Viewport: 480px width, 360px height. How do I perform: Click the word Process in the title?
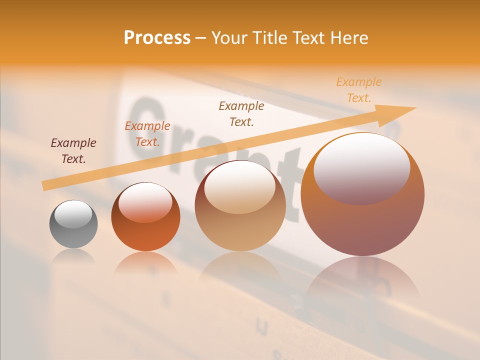[x=157, y=38]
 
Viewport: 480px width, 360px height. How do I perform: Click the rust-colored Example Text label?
[x=147, y=134]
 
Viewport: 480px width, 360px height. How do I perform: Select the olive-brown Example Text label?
[x=241, y=113]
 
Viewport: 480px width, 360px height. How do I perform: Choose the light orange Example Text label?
[x=359, y=90]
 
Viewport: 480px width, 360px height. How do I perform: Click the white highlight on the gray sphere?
[x=73, y=214]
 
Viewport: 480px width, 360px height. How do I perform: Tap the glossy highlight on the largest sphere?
[x=361, y=168]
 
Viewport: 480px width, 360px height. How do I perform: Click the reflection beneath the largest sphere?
[x=362, y=280]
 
